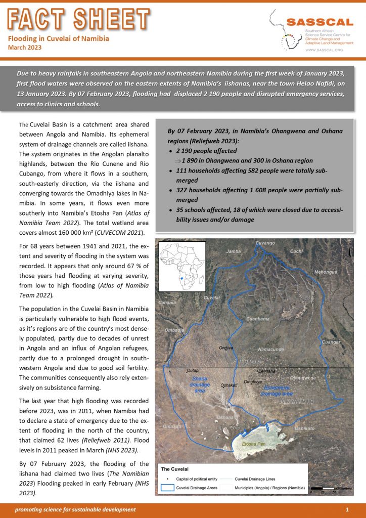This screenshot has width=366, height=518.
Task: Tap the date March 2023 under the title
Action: [25, 48]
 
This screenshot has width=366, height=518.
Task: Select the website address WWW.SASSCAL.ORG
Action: [325, 50]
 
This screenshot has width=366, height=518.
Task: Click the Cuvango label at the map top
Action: [265, 243]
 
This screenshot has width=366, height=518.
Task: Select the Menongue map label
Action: [326, 272]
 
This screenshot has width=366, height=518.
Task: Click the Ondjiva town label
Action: [226, 348]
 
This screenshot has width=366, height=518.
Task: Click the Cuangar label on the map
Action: [331, 342]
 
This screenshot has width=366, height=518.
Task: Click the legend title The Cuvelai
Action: [175, 468]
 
